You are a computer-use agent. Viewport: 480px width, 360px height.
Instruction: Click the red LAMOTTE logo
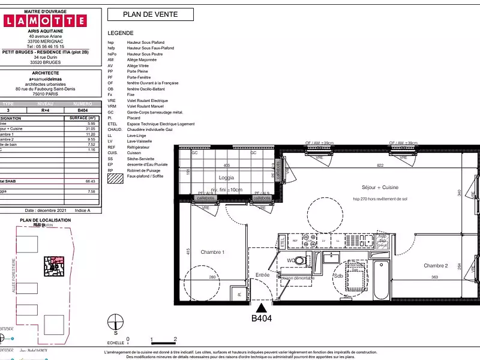point(45,21)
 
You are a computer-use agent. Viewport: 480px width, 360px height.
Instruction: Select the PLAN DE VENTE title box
point(151,15)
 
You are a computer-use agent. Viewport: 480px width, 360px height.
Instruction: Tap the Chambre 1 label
point(212,253)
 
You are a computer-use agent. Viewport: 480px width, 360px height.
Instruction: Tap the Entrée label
point(263,274)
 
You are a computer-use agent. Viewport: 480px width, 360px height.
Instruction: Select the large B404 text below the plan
point(262,319)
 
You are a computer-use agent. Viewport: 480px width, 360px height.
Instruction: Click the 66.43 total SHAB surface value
point(91,181)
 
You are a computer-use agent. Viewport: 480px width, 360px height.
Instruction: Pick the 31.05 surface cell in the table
point(91,128)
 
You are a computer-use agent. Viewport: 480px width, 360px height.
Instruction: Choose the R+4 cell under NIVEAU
point(45,110)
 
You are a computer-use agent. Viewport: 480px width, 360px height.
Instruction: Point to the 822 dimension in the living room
point(380,165)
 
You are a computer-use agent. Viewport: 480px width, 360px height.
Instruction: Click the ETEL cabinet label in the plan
point(282,242)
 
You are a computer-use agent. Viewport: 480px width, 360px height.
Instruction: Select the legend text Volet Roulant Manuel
point(146,106)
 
